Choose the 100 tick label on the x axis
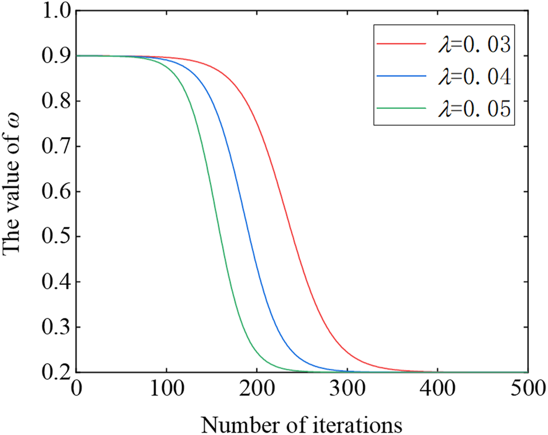point(167,389)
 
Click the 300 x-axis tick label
point(347,389)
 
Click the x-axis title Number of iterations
point(302,422)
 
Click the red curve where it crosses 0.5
point(293,237)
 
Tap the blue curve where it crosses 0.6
point(238,191)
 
